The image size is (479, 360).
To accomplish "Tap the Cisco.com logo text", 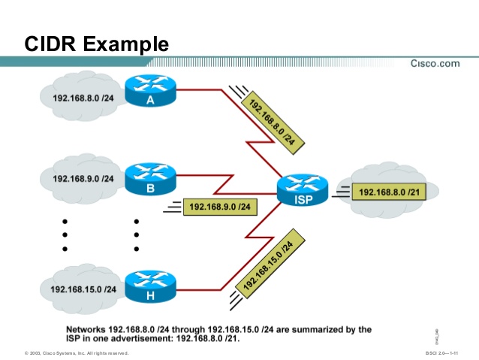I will pyautogui.click(x=435, y=64).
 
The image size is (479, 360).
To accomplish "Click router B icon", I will pyautogui.click(x=150, y=180).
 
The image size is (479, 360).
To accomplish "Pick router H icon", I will pyautogui.click(x=150, y=286).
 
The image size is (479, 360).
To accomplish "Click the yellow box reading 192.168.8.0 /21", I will pyautogui.click(x=388, y=193).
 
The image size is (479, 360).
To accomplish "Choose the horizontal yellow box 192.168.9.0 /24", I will pyautogui.click(x=220, y=206).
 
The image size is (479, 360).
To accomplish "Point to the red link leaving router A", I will pyautogui.click(x=199, y=90).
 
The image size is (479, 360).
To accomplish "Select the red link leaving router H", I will pyautogui.click(x=199, y=288).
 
